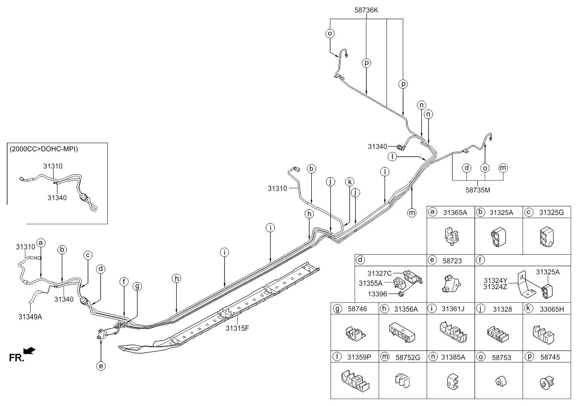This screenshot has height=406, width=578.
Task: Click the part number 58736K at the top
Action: [366, 10]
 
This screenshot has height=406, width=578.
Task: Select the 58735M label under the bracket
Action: [477, 190]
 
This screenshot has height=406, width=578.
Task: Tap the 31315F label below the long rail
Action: [238, 328]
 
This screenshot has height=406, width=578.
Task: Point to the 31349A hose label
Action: [30, 317]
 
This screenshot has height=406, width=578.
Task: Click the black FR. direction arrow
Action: [29, 351]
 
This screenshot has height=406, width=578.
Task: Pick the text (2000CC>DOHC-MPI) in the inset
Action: [44, 149]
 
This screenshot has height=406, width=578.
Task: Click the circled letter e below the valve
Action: [101, 366]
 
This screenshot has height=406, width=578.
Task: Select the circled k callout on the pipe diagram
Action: [350, 182]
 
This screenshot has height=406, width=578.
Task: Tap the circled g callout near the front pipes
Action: [137, 286]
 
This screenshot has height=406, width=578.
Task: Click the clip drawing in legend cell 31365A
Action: [452, 236]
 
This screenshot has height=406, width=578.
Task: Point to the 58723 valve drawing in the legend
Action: [451, 284]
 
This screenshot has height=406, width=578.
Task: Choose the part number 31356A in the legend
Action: [406, 309]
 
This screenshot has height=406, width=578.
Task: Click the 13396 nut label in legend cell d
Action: [377, 294]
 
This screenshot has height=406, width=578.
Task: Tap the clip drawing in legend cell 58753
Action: [501, 382]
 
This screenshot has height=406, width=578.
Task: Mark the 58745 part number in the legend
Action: [550, 357]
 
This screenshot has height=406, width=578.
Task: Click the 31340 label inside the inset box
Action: [57, 198]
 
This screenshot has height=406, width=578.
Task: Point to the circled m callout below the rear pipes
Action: [412, 213]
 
